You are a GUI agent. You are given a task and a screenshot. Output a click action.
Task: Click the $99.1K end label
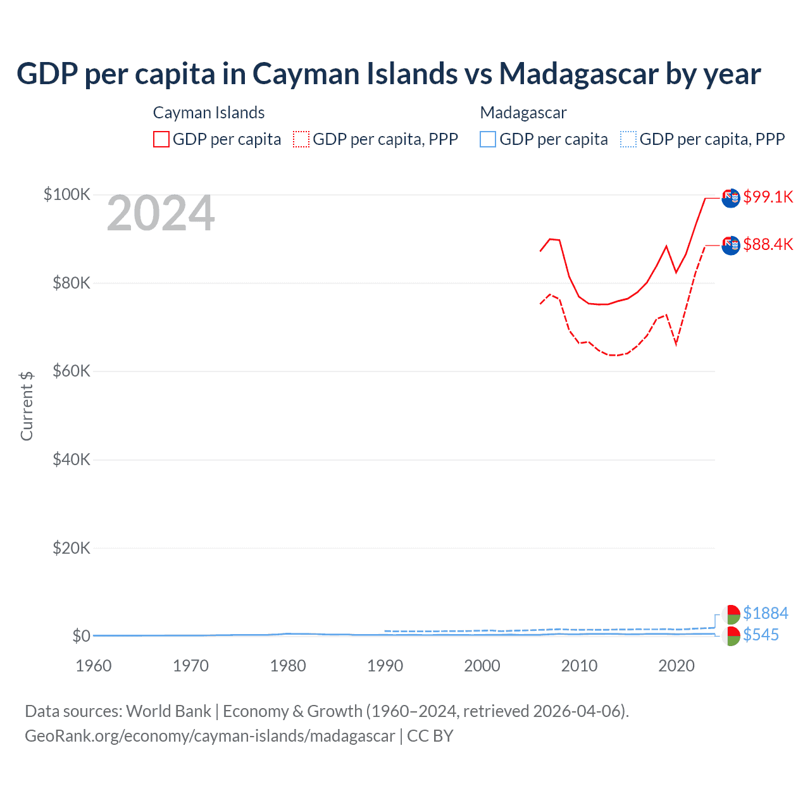(768, 197)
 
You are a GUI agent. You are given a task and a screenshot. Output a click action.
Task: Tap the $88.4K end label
(768, 244)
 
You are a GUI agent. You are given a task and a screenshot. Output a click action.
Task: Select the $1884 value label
(765, 613)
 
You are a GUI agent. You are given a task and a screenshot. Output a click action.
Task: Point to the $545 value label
(761, 635)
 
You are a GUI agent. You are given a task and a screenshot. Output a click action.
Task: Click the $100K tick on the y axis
(67, 194)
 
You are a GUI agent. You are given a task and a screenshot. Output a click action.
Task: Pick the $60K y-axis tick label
(72, 371)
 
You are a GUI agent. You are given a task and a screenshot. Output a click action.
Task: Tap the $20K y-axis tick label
(72, 548)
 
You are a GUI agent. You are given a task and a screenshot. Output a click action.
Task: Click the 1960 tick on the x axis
(94, 666)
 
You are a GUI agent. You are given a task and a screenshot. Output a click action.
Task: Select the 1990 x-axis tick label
(385, 666)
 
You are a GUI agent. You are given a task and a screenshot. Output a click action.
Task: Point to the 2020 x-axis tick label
(676, 666)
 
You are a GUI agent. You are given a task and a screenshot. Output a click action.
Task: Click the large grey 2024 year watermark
(161, 214)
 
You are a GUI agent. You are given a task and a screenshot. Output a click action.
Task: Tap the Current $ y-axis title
(27, 406)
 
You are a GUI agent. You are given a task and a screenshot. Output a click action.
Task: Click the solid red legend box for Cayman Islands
(161, 139)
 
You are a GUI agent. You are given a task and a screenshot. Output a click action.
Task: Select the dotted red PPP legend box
(301, 139)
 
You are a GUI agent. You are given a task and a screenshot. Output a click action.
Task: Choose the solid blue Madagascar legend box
(488, 139)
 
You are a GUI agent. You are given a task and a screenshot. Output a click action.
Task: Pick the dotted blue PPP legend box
(628, 139)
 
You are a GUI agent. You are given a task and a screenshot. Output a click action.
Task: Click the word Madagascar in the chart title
(578, 73)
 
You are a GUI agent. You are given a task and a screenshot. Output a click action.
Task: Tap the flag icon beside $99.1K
(731, 197)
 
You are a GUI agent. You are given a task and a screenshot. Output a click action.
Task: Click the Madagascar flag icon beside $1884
(731, 614)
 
